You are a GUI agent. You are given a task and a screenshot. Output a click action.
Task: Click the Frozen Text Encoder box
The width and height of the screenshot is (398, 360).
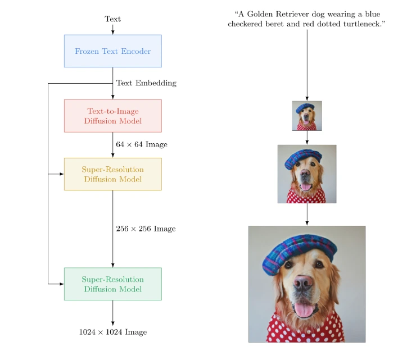click(112, 51)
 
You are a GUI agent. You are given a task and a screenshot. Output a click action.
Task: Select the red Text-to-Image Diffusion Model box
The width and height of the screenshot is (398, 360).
click(112, 116)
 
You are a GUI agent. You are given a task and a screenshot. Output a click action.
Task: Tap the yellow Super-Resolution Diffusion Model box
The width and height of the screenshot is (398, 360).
click(112, 174)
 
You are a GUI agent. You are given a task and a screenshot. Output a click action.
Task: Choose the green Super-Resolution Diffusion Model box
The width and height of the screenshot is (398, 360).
click(112, 284)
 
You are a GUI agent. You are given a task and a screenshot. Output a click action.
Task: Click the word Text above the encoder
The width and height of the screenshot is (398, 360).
click(112, 19)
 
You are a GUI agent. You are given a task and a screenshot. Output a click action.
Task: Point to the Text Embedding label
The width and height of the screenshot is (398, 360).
click(146, 83)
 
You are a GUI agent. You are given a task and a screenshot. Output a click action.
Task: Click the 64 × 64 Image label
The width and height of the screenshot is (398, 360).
click(142, 144)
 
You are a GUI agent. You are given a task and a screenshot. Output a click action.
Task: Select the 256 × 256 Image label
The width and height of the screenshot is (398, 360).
click(146, 229)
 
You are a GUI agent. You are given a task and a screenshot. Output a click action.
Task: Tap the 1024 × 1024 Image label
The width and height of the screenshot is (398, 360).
click(113, 332)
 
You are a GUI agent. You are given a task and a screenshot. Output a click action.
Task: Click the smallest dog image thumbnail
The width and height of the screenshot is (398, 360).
click(307, 116)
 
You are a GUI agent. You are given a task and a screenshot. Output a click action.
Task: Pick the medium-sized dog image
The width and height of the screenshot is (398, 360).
click(307, 174)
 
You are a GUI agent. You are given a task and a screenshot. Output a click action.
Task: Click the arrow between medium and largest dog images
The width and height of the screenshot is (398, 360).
click(307, 215)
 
